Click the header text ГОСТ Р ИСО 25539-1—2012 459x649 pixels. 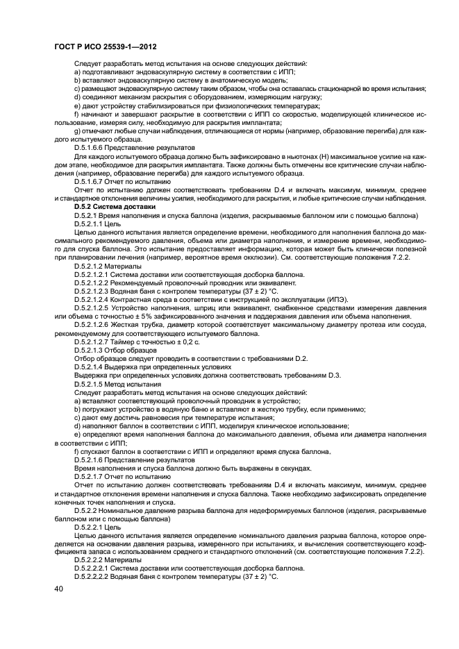click(105, 47)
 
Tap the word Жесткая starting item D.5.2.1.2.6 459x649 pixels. click(136, 325)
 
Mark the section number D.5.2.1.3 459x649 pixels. click(91, 351)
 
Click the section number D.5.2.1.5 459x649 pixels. click(91, 383)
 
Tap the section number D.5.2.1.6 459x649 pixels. click(91, 459)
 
